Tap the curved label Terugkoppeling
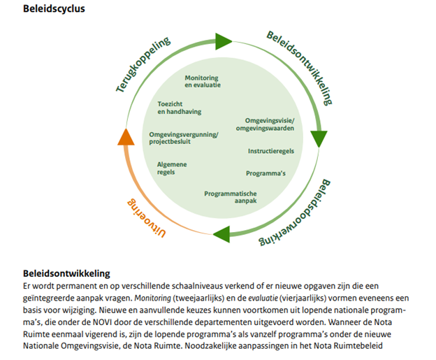(x=143, y=65)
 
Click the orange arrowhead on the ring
(x=126, y=136)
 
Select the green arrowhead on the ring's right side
(x=319, y=138)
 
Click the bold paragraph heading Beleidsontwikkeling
(x=66, y=273)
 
